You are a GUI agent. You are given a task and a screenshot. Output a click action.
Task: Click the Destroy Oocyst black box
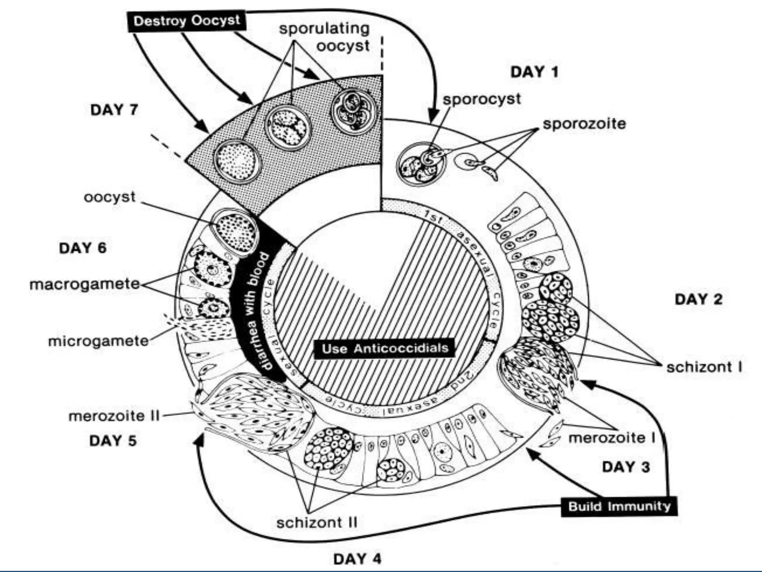point(187,20)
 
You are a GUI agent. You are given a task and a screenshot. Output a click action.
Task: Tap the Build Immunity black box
point(619,506)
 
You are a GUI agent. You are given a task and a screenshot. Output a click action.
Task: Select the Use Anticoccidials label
point(385,349)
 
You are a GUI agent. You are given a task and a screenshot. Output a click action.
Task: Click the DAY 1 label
point(534,72)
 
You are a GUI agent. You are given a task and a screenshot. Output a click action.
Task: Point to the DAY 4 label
point(357,559)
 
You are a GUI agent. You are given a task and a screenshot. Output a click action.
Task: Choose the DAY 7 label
point(114,110)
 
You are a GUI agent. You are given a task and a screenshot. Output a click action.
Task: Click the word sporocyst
point(481,99)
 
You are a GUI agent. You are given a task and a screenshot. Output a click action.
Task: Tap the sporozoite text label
point(584,124)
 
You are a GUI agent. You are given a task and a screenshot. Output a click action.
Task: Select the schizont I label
point(704,367)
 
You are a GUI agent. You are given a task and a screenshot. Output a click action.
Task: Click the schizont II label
point(317,522)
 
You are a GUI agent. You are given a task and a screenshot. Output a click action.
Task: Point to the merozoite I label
point(612,438)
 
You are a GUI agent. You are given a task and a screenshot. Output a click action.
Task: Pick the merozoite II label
point(114,416)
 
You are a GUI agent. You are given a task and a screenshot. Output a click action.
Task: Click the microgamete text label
point(99,341)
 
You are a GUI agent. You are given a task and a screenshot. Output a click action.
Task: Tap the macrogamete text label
point(85,284)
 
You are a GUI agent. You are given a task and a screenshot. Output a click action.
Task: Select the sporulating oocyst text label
point(324,37)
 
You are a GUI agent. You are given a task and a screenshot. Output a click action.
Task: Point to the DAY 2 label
point(698,299)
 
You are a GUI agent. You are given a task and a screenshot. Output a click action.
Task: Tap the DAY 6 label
point(83,248)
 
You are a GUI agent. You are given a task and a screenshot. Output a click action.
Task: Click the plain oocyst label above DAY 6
point(109,197)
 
